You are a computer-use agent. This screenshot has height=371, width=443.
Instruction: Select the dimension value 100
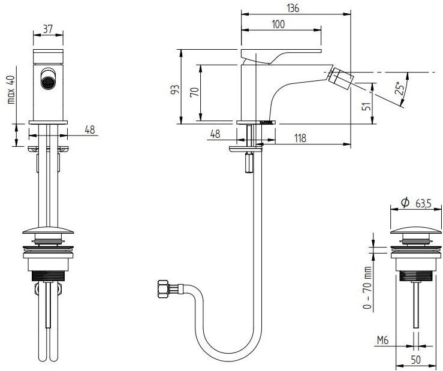(x=278, y=24)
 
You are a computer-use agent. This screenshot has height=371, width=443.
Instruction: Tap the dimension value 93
(x=175, y=89)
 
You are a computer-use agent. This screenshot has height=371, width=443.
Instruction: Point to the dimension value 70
(x=193, y=93)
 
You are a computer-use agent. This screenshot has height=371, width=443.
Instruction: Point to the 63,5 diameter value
(x=422, y=204)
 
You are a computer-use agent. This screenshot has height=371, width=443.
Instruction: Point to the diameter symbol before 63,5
(x=405, y=204)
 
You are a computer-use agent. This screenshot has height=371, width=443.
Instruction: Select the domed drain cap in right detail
(x=415, y=230)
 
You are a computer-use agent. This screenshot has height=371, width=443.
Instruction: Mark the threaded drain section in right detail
(x=415, y=278)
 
